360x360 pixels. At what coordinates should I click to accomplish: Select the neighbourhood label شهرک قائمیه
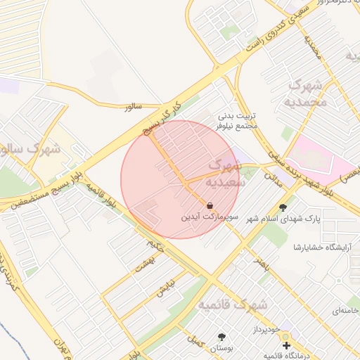click(x=233, y=304)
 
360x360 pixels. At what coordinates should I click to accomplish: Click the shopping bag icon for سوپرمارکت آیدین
click(x=210, y=205)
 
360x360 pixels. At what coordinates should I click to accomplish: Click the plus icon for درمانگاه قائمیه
click(x=286, y=345)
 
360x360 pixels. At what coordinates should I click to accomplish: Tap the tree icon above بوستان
click(x=222, y=337)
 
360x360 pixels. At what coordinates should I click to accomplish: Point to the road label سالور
click(x=133, y=107)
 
